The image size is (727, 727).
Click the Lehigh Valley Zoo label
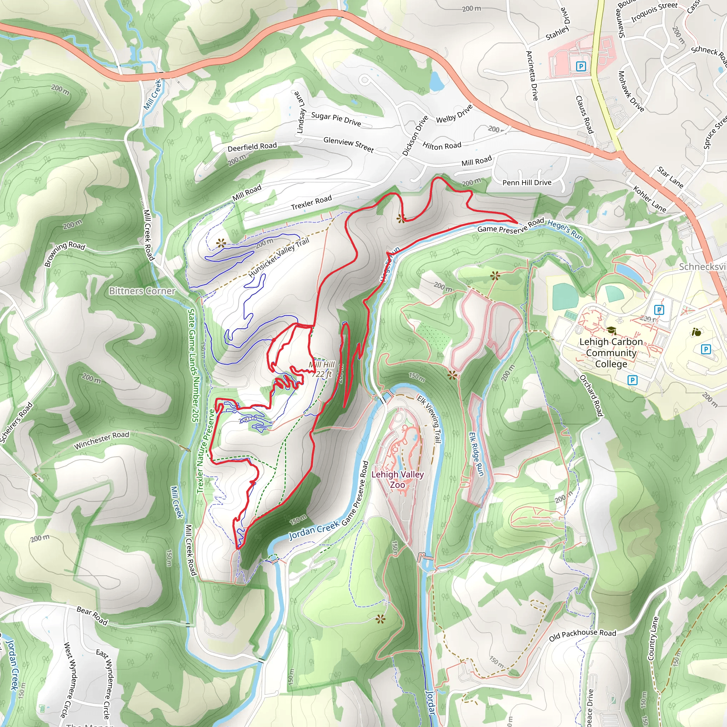point(397,479)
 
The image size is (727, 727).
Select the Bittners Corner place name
point(142,291)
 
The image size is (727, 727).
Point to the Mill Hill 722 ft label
point(322,369)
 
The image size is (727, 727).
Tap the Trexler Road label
point(311,202)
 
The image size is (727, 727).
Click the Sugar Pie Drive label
point(336,119)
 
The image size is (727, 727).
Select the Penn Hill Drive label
point(527,182)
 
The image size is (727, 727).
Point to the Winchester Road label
point(101,440)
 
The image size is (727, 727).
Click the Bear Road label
point(92,616)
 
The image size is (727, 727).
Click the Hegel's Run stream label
point(565,230)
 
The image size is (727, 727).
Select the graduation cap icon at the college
point(612,331)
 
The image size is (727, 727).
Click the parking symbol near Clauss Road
point(581,67)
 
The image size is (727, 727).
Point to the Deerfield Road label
point(252,147)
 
